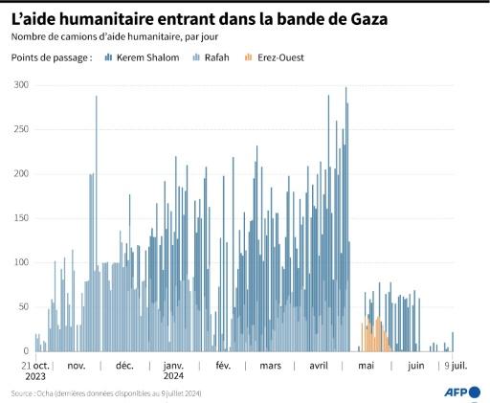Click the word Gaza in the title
point(363,19)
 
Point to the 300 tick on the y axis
point(20,85)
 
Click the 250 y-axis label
point(20,129)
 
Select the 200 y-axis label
point(20,173)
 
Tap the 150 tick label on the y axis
point(20,218)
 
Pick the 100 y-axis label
point(20,262)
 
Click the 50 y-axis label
point(23,306)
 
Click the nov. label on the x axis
point(77,366)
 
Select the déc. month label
point(124,366)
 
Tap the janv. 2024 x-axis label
point(173,370)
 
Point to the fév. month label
point(223,366)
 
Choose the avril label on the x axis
point(320,366)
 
